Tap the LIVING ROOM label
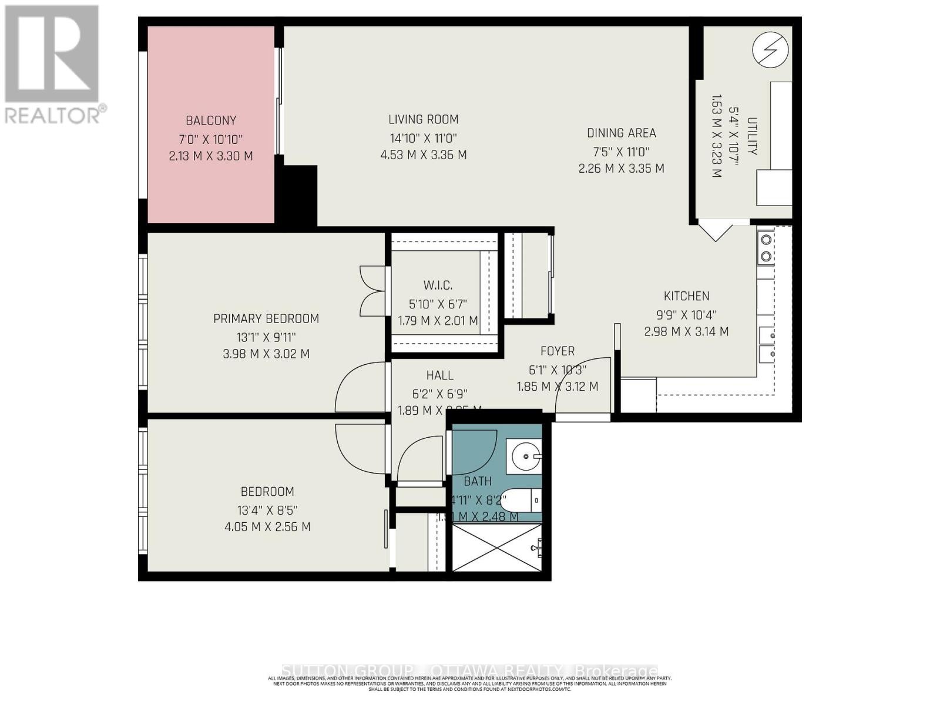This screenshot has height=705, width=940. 423,119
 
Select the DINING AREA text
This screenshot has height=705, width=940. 621,133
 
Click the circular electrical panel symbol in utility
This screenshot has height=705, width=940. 770,49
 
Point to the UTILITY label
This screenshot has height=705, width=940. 753,136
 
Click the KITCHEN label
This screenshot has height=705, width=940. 686,296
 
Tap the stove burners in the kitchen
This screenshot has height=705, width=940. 766,247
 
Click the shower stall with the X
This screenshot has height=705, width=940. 497,548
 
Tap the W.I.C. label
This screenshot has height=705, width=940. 438,286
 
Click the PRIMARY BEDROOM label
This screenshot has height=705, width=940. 266,318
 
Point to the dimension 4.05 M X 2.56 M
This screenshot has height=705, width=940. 267,527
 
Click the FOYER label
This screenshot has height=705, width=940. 557,351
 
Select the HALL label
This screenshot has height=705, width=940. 439,375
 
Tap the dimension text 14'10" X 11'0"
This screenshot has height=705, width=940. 423,138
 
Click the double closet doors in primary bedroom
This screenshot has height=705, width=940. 371,290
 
